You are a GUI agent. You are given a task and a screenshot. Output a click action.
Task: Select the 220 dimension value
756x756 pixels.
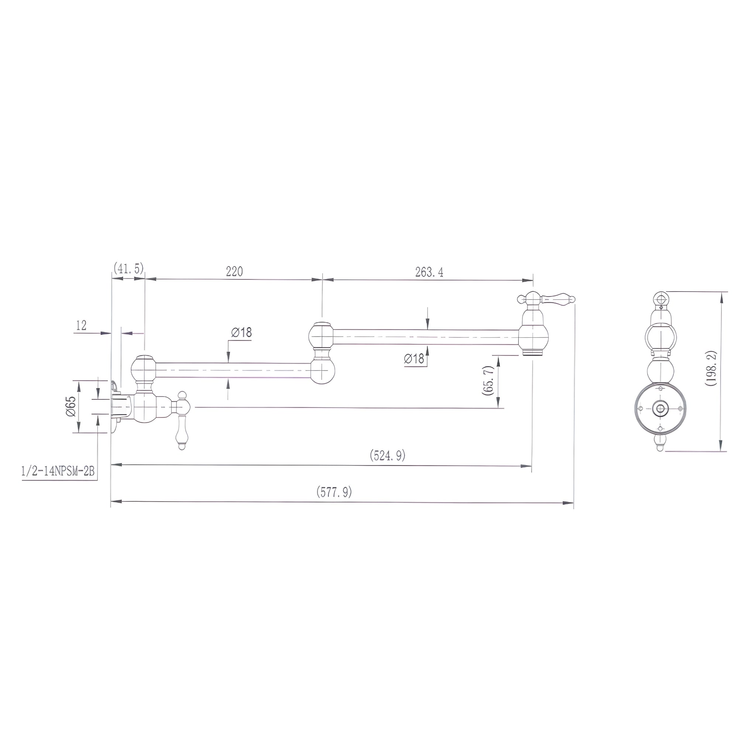[x=234, y=271]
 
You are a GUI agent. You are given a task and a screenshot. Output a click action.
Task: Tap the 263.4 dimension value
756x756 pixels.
[x=429, y=272]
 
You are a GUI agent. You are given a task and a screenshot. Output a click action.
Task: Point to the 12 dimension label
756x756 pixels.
[x=81, y=325]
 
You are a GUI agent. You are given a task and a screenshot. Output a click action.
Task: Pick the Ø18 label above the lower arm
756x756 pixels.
[x=241, y=332]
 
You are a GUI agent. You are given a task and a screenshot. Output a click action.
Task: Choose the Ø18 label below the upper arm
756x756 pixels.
[x=415, y=358]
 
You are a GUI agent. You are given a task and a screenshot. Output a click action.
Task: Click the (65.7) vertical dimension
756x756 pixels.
[x=489, y=381]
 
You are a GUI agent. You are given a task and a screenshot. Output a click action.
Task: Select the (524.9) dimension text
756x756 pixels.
[x=387, y=455]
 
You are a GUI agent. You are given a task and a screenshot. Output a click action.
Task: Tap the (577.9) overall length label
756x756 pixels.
[x=334, y=492]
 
